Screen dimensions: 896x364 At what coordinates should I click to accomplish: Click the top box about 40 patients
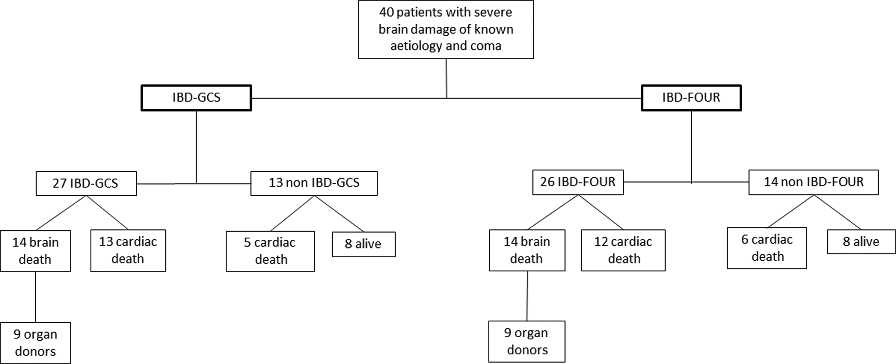pos(446,29)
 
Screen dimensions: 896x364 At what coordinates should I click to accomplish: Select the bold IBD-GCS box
pos(196,97)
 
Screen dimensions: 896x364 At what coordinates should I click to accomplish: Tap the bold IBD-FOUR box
pos(691,97)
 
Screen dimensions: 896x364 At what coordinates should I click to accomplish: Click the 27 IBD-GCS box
pos(86,183)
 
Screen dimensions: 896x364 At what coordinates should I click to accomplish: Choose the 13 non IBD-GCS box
pos(314,183)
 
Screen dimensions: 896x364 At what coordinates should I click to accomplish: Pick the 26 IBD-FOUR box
pos(578,182)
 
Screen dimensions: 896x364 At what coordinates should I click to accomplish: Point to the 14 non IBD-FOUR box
pos(813,182)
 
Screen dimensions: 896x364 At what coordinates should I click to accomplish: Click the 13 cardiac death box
pos(128,251)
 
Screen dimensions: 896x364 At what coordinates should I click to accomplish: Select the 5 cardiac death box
pos(270,252)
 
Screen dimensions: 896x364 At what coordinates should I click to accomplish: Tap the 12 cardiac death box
pos(623,250)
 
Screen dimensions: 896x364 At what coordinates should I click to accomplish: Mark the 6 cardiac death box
pos(767,248)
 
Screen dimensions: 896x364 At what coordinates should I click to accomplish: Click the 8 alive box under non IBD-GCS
pos(364,244)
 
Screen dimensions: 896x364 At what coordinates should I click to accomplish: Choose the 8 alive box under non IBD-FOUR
pos(861,242)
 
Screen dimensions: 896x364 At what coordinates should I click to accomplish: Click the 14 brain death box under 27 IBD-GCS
pos(36,251)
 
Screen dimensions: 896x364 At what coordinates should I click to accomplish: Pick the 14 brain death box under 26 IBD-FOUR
pos(527,250)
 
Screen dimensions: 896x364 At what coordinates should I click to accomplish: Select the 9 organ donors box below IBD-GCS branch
pos(36,343)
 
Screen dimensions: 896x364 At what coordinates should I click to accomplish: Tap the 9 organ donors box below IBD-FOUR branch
pos(527,342)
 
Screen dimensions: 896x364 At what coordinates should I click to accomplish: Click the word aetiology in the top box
pos(416,46)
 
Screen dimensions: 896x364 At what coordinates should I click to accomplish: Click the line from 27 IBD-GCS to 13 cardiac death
pos(108,213)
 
